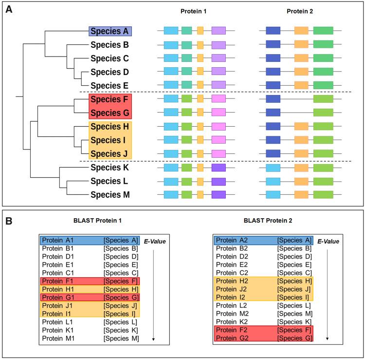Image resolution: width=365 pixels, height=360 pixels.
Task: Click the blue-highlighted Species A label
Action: [110, 32]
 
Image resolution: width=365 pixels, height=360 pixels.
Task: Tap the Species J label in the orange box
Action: [110, 154]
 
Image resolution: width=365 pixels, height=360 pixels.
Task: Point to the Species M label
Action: [110, 195]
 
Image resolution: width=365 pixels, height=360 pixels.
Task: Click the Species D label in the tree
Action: [110, 73]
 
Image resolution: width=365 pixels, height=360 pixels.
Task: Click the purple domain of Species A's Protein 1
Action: [219, 31]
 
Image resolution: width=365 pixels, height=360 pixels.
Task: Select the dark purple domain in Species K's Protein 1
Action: [219, 168]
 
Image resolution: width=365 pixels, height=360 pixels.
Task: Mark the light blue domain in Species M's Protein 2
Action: [273, 195]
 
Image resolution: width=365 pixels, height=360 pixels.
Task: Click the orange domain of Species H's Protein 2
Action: [301, 126]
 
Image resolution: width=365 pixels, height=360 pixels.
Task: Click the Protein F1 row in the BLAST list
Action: [90, 281]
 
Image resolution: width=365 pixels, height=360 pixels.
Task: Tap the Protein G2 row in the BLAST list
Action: [263, 338]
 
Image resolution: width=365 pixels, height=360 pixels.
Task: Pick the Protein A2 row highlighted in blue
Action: [263, 240]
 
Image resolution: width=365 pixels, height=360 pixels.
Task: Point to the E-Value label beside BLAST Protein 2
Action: [328, 241]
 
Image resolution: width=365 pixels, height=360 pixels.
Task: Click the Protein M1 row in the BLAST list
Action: [90, 338]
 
